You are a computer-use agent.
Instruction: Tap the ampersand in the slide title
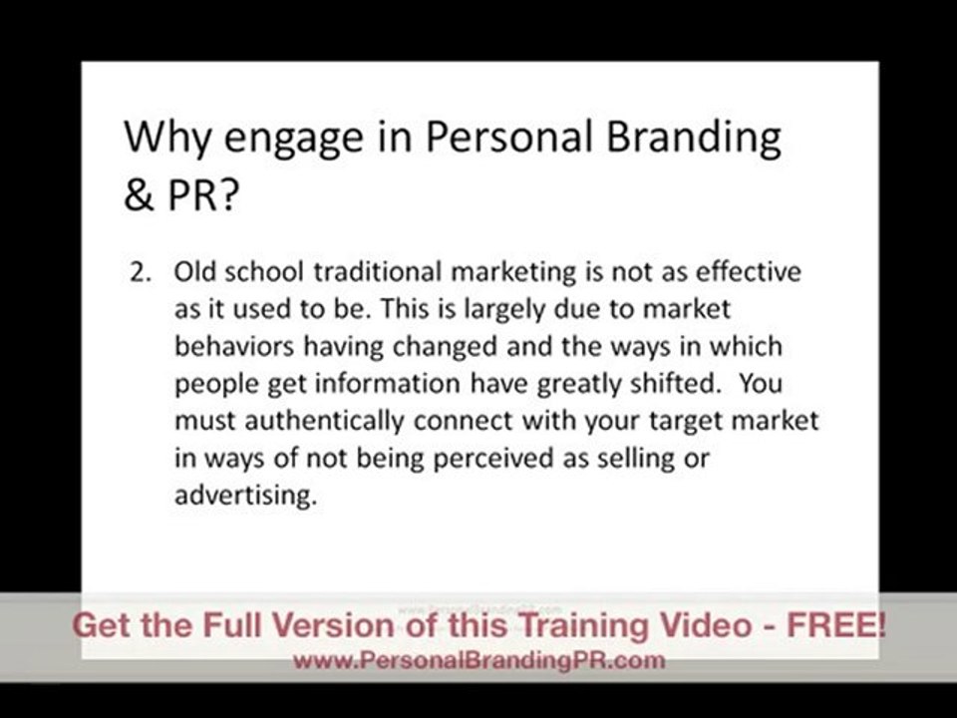(138, 196)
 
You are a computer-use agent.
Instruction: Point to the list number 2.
(140, 271)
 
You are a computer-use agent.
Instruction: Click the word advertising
(244, 495)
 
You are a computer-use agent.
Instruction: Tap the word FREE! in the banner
(834, 626)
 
